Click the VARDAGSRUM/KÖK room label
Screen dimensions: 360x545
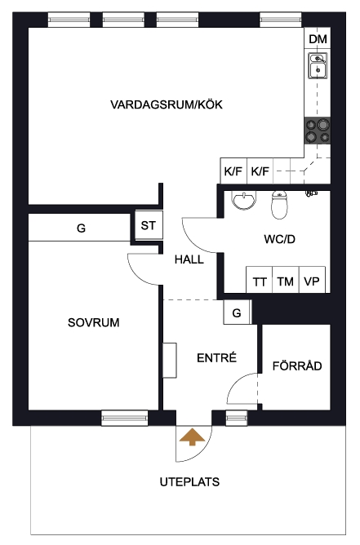point(167,104)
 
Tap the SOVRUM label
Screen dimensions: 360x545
point(94,322)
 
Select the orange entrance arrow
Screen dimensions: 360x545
point(192,437)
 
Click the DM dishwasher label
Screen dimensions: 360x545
point(318,39)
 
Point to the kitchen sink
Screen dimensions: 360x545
point(318,66)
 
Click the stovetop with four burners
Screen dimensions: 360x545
point(318,131)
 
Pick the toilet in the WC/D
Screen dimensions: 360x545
point(279,205)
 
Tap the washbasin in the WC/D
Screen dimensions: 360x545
point(244,200)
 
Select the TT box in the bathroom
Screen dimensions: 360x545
point(259,280)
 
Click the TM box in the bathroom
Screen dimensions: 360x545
point(286,280)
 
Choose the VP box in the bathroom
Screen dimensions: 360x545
point(312,280)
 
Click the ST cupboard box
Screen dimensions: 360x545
point(149,225)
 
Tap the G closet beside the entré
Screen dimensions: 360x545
point(237,312)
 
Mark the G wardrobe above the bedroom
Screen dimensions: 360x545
point(79,228)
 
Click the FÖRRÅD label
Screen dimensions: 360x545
point(297,366)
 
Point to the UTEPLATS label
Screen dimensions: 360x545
point(189,481)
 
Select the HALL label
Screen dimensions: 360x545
point(189,259)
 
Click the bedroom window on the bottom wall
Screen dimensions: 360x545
point(125,418)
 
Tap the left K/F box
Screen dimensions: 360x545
point(233,171)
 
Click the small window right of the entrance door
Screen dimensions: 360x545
point(237,418)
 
